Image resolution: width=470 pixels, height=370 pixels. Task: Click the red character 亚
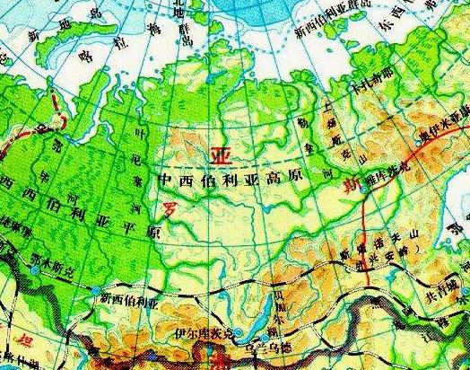(x=219, y=156)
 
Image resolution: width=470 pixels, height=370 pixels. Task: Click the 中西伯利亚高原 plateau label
(x=235, y=180)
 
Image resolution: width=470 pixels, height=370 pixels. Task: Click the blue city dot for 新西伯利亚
(x=95, y=289)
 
